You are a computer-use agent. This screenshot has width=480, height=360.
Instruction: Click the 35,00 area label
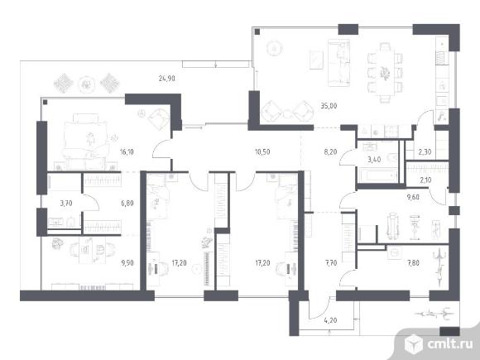[329, 106]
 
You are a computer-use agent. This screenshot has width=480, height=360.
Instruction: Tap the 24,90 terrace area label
[167, 79]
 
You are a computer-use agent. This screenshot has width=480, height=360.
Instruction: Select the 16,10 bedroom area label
[127, 151]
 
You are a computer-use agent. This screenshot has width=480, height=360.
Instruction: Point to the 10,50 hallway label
[262, 151]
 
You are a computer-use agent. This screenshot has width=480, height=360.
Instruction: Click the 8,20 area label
[330, 151]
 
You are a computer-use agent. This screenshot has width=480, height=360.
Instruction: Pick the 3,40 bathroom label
[374, 159]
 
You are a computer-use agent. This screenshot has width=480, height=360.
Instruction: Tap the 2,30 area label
[425, 151]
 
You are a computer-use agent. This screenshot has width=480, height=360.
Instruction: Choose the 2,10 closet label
[425, 180]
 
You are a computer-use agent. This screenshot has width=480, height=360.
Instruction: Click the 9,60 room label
[413, 197]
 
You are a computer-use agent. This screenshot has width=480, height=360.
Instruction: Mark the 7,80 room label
[413, 262]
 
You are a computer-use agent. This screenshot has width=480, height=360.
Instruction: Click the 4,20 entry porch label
[330, 320]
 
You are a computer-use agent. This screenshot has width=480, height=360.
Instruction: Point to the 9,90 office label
[127, 262]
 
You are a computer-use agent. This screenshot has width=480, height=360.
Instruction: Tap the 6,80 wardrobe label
[127, 203]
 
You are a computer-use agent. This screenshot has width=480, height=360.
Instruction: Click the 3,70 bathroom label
[66, 203]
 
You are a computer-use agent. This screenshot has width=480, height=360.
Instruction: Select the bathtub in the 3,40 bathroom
[377, 175]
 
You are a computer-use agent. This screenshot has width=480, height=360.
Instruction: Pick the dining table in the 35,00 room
[384, 73]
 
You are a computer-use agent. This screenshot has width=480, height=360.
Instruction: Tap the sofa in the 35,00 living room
[338, 63]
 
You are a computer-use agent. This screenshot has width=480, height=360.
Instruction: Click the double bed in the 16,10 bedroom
[85, 141]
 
